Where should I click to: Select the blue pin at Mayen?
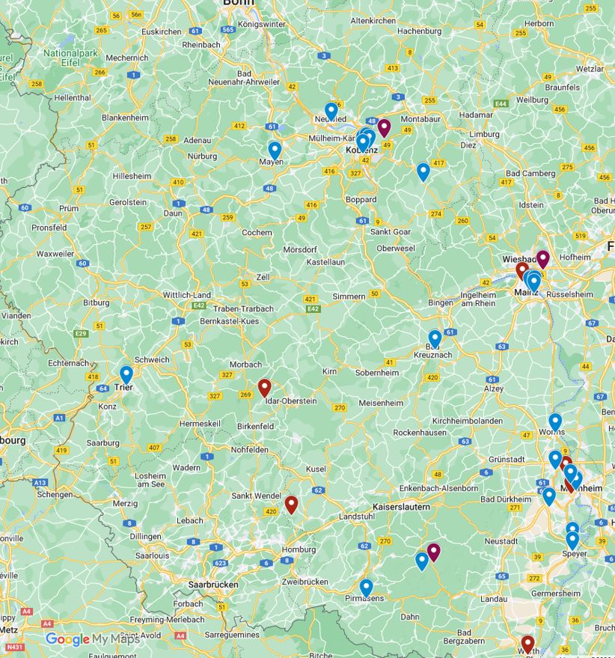[x=275, y=150]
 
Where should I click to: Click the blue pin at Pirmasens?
[x=366, y=588]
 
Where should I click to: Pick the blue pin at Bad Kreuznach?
[x=435, y=338]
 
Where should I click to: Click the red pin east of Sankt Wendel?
[x=291, y=505]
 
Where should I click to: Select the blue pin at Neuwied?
[x=331, y=111]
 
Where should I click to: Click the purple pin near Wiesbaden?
[x=543, y=259]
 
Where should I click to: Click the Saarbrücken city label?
[x=213, y=584]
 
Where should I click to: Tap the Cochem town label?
[x=257, y=233]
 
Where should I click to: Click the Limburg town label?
[x=484, y=134]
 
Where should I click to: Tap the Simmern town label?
[x=349, y=296]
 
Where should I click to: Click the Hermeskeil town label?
[x=198, y=424]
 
